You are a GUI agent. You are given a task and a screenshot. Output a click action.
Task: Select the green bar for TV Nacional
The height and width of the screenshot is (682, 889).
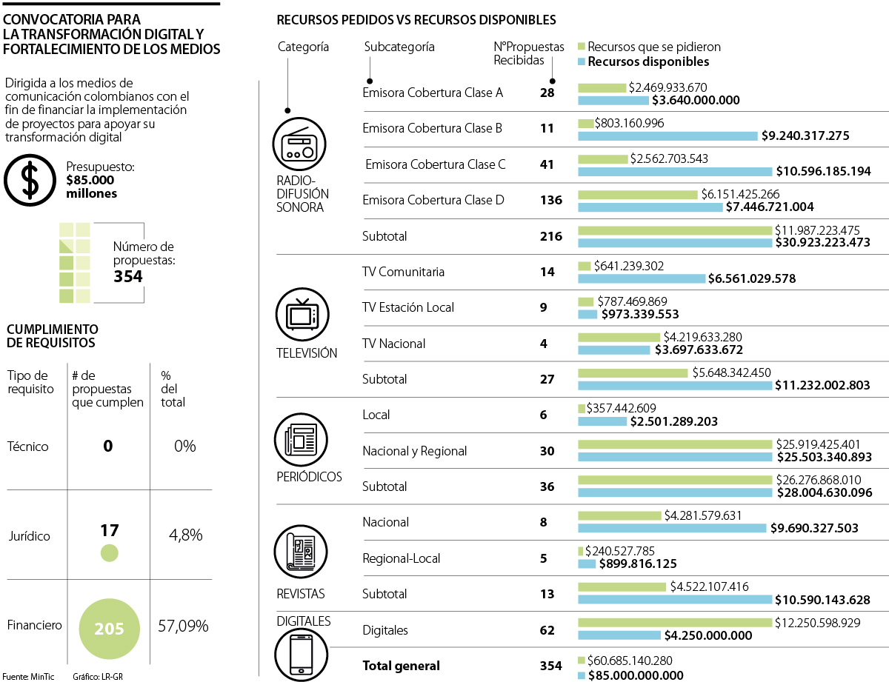pyautogui.click(x=619, y=337)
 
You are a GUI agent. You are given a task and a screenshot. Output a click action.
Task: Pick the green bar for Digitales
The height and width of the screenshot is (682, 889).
pyautogui.click(x=674, y=624)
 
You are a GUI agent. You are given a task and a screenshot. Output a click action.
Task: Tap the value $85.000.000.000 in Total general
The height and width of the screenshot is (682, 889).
pyautogui.click(x=636, y=675)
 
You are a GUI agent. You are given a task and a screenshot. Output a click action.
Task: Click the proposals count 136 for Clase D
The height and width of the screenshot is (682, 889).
pyautogui.click(x=551, y=200)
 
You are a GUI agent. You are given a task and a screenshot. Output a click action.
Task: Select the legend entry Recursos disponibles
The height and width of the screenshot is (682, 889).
pyautogui.click(x=648, y=62)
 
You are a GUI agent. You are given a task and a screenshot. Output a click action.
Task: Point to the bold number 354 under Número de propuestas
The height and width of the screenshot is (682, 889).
pyautogui.click(x=127, y=277)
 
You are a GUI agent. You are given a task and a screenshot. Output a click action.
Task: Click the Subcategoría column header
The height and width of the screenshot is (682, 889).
pyautogui.click(x=399, y=47)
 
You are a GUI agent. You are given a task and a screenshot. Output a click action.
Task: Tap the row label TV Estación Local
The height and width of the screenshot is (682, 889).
pyautogui.click(x=407, y=307)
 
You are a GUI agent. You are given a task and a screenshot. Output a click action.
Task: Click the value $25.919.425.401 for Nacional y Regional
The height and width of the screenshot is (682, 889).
pyautogui.click(x=818, y=444)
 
